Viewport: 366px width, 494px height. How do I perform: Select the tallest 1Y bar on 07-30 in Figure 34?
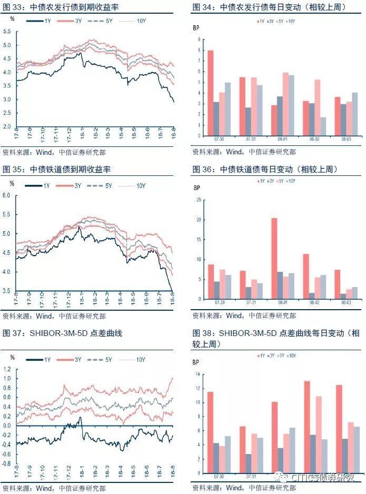pos(210,93)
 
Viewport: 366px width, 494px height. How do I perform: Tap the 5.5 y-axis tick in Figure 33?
pos(7,32)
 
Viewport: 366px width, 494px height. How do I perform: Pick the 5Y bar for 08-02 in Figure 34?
pos(318,107)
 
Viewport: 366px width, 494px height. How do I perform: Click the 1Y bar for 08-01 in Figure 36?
pos(274,258)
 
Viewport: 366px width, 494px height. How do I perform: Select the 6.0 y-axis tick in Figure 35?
pos(7,196)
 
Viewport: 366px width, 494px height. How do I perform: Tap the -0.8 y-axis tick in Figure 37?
pos(6,464)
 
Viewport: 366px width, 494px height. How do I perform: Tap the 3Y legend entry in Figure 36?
pos(270,181)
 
